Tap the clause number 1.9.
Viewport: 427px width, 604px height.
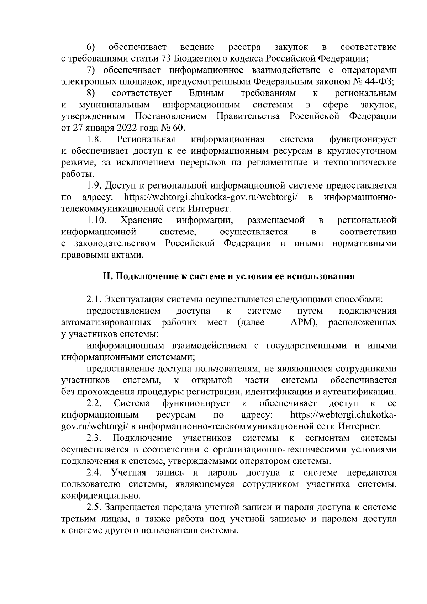[x=94, y=186]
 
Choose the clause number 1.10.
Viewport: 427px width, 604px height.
[x=96, y=221]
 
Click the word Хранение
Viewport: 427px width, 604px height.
[x=142, y=221]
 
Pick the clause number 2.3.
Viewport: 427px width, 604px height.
[x=94, y=438]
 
